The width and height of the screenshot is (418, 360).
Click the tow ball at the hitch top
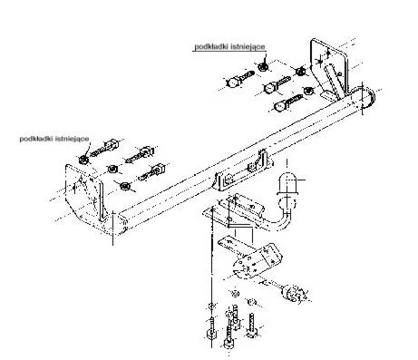point(287,183)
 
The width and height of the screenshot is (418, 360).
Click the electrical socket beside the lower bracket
point(294,293)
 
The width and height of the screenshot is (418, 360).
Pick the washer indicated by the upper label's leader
point(262,67)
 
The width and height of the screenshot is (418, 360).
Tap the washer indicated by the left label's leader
point(83,160)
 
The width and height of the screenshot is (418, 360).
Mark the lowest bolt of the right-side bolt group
point(287,102)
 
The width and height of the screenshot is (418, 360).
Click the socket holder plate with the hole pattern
point(257,260)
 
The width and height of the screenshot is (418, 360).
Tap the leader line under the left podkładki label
point(88,149)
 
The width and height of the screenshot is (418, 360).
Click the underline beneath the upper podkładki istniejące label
point(229,52)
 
